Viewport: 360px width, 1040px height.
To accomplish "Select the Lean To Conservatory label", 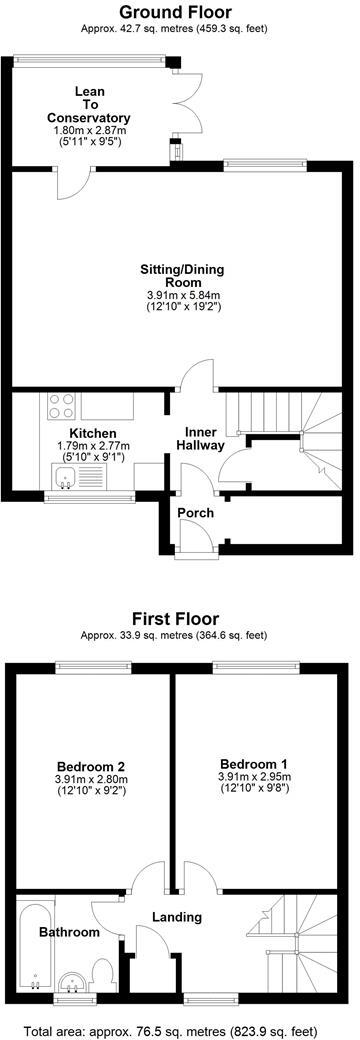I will click(90, 104).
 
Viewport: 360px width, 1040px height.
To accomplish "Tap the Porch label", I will click(196, 513).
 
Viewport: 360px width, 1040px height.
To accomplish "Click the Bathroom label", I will click(69, 932).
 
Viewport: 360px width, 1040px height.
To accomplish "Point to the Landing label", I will click(177, 917).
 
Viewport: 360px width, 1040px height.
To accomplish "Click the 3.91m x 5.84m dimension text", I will click(183, 295).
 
